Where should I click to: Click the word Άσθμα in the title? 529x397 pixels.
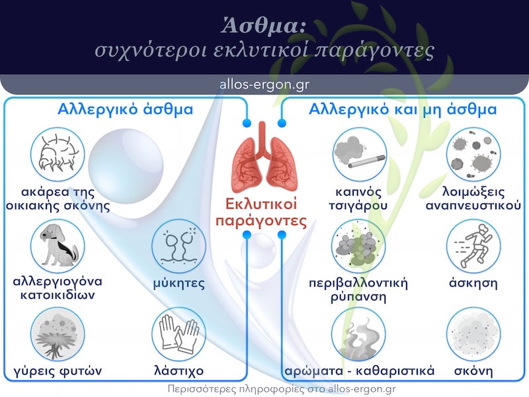point(264,26)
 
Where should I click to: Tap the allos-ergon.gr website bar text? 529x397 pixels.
point(264,85)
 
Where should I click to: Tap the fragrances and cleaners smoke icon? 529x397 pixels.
point(358,334)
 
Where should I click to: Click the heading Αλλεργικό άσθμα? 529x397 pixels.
point(126,109)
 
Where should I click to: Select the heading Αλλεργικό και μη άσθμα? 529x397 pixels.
point(403,109)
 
